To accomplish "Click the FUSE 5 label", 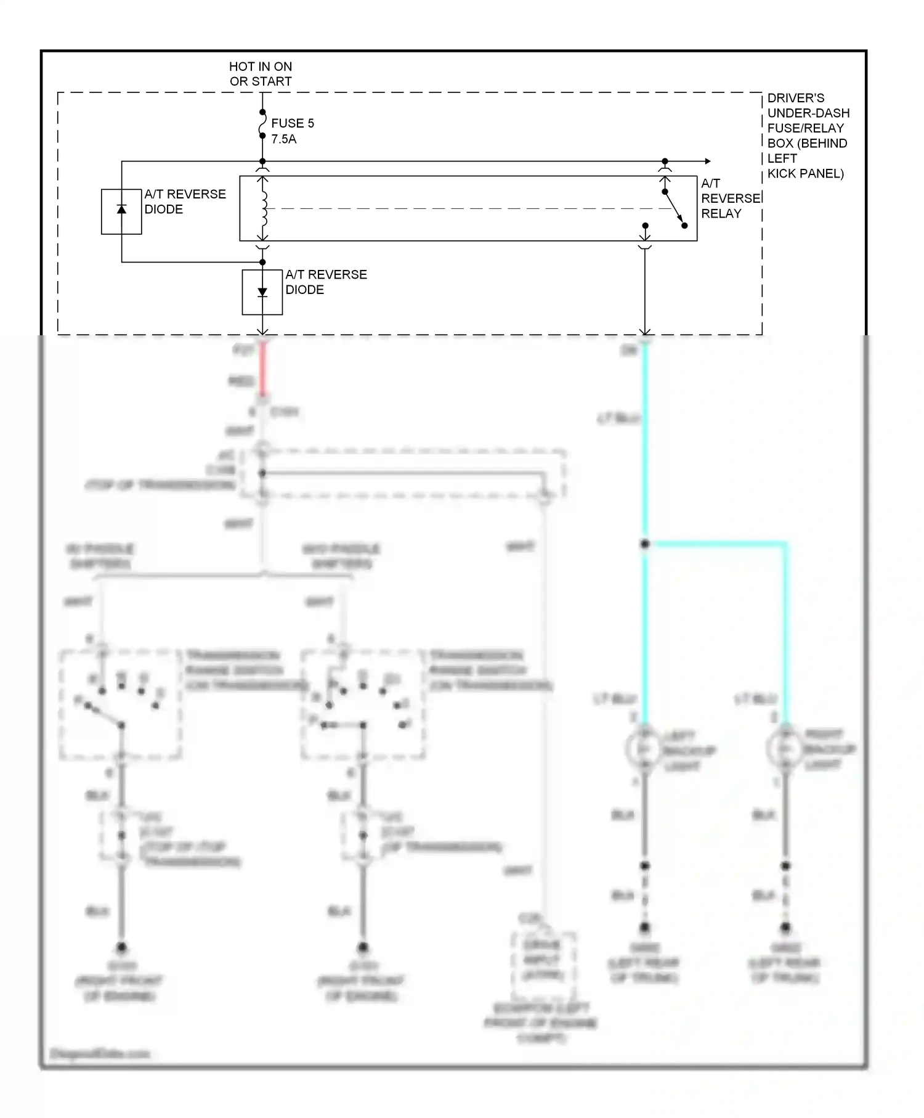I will click(292, 123).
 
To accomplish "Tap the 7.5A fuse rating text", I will click(283, 139).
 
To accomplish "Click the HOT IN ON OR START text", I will click(261, 74).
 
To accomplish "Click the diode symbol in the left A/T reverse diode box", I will click(121, 210).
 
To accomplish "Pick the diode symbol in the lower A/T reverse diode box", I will click(262, 292).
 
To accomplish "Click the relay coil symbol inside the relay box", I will click(264, 208).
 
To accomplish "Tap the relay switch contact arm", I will click(674, 208).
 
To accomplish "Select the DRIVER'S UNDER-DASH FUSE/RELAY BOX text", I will click(808, 136).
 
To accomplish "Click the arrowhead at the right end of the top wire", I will click(708, 161).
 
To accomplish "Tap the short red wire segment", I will click(262, 370).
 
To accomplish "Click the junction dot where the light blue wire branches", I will click(645, 544).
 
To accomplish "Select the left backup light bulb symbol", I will click(644, 749).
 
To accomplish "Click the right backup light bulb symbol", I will click(785, 749).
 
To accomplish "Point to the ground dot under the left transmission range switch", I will click(121, 947).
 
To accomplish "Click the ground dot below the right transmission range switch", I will click(363, 947).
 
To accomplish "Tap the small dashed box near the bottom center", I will click(543, 962).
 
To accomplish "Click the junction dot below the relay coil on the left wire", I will click(262, 262).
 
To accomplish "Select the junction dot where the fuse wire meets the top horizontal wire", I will click(262, 161).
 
